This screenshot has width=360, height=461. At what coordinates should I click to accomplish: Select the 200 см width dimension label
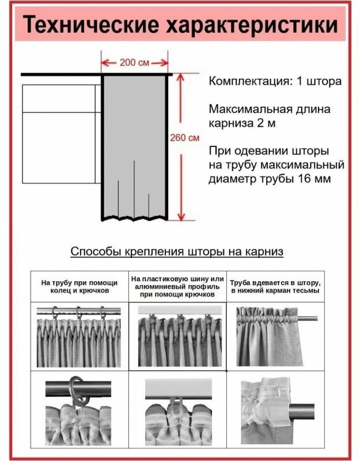pos(135,62)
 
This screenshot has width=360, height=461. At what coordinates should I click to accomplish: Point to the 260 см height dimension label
pos(185,138)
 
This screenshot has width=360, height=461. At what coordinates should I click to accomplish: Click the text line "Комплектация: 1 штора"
pos(275,81)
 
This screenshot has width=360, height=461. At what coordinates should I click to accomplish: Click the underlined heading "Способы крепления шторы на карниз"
pos(177,252)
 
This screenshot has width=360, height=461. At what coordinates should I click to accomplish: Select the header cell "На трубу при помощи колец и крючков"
pos(79,286)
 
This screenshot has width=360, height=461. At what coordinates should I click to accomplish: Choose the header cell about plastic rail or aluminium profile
pos(177,286)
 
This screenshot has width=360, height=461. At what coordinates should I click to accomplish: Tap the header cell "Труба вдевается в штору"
pos(275,286)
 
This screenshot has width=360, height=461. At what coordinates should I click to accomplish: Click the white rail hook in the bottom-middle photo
pos(176,401)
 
